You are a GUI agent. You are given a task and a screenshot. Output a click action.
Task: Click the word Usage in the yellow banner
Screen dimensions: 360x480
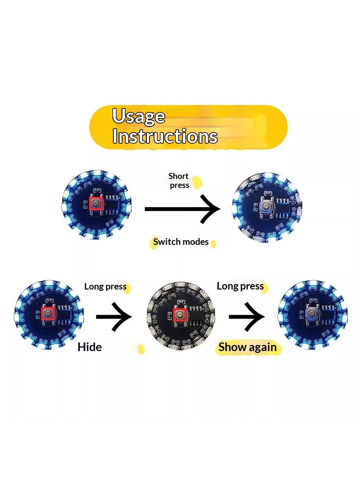pos(138,117)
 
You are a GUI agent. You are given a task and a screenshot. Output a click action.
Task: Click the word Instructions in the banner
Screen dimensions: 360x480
pos(165,136)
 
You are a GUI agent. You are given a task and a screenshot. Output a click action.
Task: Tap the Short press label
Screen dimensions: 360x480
pos(179,180)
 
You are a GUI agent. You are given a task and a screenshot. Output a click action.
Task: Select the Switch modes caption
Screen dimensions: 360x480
pos(181,242)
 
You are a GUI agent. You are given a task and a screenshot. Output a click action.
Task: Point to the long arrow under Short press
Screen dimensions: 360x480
pos(183,209)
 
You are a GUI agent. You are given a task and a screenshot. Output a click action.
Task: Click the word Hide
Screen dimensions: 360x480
pos(90,347)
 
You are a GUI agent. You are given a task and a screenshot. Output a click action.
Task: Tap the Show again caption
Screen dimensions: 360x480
pos(247,347)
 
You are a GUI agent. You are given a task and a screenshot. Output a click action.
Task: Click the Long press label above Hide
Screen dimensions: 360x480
pos(105,287)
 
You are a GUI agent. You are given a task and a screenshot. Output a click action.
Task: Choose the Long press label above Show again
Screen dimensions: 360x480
pos(240,286)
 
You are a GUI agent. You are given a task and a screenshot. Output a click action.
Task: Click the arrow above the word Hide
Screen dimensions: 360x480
pos(114,317)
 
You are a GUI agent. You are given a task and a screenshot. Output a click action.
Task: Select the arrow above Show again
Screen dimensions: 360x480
pos(247,317)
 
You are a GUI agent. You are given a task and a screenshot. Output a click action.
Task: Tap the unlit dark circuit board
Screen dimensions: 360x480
pos(181,316)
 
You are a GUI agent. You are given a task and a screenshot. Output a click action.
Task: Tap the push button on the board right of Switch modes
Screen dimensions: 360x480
pos(266,206)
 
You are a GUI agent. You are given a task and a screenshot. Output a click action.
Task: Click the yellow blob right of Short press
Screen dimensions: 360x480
pos(197,182)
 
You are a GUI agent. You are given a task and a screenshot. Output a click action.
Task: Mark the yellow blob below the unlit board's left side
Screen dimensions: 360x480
pos(141,349)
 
